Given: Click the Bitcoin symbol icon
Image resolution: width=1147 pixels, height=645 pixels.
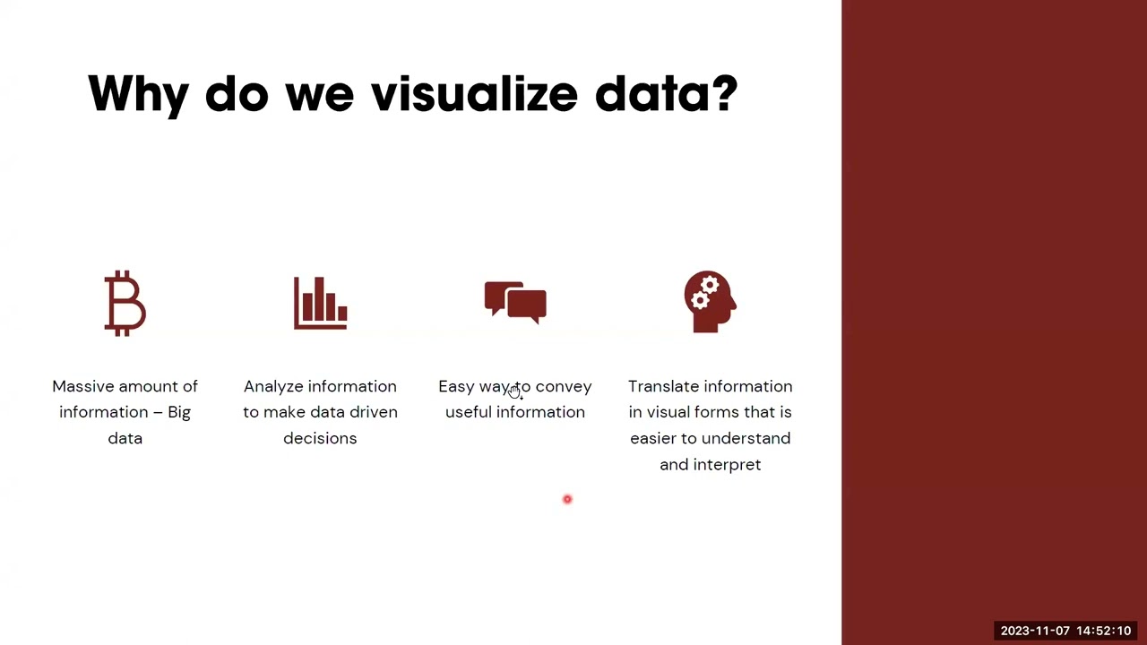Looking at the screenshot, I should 125,303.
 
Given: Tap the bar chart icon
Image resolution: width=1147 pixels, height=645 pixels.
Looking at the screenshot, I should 320,303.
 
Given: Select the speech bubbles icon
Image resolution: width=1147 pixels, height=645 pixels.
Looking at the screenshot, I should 515,301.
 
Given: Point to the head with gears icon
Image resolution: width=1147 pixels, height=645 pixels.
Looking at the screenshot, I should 710,302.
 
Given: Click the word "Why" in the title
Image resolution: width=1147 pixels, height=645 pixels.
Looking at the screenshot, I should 138,94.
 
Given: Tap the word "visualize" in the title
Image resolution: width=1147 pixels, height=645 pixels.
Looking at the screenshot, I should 474,94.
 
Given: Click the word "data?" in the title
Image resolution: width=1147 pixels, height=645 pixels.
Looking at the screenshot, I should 666,94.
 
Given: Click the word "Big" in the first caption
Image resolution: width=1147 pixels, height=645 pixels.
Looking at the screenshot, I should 179,412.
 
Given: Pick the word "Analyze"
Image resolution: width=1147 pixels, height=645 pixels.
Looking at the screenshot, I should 274,386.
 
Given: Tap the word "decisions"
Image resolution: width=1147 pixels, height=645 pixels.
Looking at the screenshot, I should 320,438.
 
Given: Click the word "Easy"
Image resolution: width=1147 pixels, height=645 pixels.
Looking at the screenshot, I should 456,386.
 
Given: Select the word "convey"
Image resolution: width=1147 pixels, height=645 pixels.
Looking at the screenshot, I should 564,386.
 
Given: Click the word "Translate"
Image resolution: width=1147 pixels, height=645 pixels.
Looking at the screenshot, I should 664,386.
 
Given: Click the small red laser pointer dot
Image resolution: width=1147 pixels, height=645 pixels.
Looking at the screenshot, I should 567,499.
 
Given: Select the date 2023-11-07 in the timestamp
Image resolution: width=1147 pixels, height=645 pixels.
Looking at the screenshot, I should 1035,631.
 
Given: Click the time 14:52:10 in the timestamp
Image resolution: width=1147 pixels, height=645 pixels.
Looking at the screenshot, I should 1104,631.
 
